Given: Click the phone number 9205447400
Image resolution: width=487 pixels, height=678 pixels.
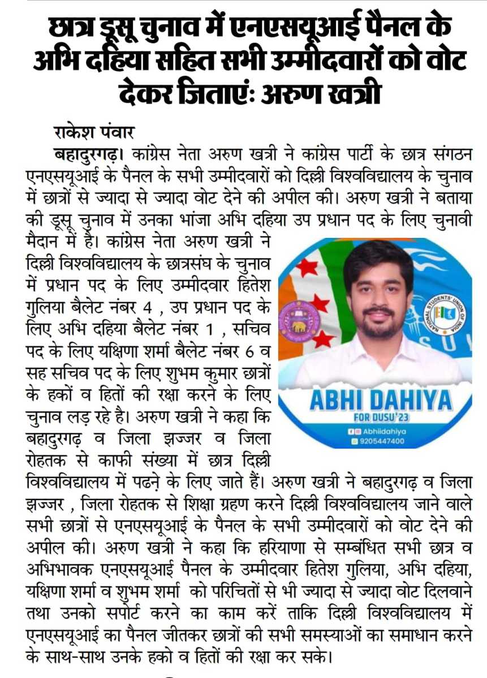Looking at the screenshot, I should coord(382,441).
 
